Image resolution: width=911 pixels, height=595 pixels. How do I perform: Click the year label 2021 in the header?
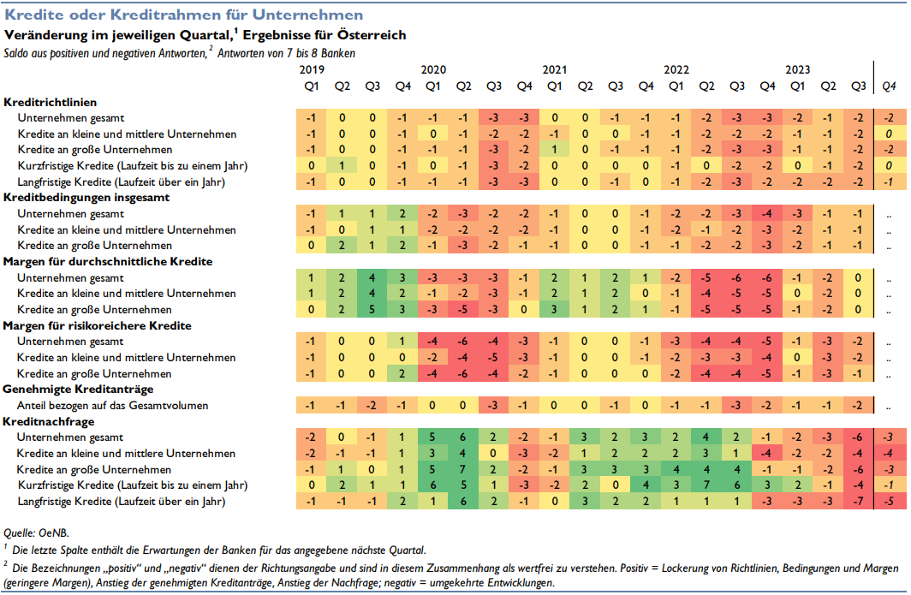point(554,69)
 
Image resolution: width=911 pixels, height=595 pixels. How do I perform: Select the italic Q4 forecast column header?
point(889,86)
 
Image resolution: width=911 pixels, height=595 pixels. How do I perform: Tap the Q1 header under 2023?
point(798,86)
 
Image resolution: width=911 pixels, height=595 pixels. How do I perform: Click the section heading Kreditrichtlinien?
point(50,102)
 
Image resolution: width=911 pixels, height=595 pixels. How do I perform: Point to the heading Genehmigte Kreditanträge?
point(78,390)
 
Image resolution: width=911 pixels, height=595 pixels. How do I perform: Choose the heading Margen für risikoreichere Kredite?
point(97,325)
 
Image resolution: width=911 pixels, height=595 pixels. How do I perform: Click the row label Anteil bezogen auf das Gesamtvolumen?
point(112,406)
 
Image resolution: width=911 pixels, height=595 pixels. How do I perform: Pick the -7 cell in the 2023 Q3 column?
point(858,502)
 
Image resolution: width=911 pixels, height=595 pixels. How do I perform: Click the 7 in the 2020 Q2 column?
point(463,469)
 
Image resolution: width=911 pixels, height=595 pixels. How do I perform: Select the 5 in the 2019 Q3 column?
point(372,310)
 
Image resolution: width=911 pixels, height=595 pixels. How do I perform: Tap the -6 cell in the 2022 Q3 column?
point(736,277)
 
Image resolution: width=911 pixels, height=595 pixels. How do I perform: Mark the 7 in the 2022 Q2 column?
point(706,485)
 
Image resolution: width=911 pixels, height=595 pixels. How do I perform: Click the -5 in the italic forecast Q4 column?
point(889,502)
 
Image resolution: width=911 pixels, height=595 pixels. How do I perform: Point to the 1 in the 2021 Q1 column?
point(554,149)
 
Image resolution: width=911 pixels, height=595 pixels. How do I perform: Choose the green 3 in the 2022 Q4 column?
point(767,485)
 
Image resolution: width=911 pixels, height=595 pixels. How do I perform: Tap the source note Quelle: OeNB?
point(36,533)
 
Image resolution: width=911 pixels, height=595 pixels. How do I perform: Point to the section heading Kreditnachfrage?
point(48,421)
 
